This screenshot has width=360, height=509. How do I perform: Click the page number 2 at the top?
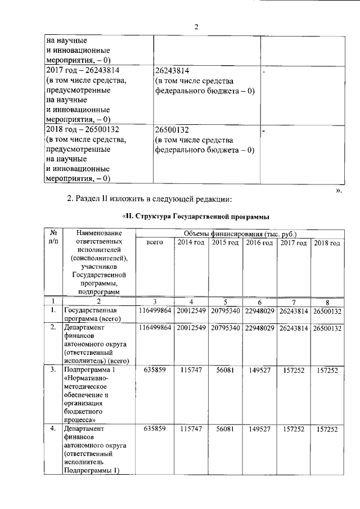(x=197, y=27)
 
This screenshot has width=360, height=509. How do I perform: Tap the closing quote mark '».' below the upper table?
(x=339, y=190)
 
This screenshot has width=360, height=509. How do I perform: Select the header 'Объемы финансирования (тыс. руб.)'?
(x=240, y=233)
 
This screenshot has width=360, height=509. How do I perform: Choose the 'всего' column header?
(x=155, y=242)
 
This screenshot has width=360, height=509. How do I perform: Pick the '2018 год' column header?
(x=327, y=242)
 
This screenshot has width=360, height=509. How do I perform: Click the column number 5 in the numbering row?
(x=225, y=301)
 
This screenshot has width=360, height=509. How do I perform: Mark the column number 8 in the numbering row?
(x=327, y=301)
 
